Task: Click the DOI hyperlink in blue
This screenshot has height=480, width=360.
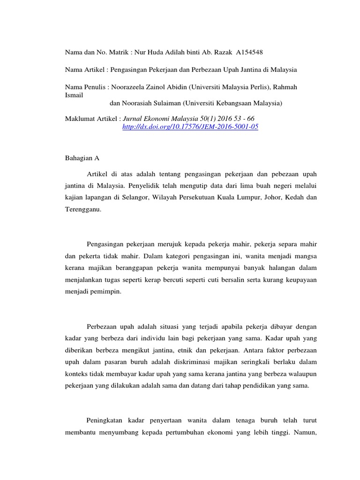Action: point(190,127)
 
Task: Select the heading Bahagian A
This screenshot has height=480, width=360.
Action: point(82,158)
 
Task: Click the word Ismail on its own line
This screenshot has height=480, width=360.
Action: point(74,95)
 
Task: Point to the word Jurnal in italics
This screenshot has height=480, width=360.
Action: point(134,119)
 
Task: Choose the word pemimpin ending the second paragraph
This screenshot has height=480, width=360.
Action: point(107,291)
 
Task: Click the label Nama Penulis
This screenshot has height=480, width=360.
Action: point(85,87)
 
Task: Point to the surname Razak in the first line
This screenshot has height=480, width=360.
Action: point(226,52)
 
